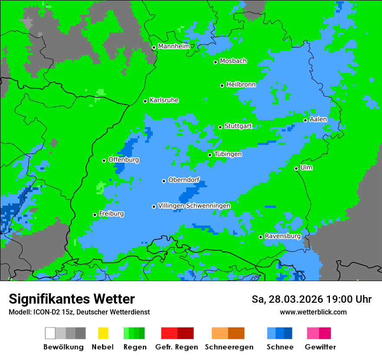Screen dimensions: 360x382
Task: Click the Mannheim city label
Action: (174, 46)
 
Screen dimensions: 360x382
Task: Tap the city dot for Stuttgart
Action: (221, 127)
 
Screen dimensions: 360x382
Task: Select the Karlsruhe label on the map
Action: (164, 101)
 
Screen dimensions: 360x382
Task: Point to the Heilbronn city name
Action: (241, 85)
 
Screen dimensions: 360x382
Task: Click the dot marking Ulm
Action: (296, 168)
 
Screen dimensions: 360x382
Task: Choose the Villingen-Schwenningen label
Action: (194, 206)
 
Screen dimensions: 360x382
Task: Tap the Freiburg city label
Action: (111, 214)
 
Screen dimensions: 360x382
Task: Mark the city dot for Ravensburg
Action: (261, 237)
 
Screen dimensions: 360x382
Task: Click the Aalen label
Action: (318, 119)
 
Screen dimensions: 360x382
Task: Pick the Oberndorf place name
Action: (184, 180)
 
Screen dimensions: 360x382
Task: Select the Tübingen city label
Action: (228, 154)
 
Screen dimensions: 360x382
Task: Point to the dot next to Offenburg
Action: (104, 160)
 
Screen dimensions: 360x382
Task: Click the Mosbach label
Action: (233, 61)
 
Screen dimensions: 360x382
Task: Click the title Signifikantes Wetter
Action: (72, 299)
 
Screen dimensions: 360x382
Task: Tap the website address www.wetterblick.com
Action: (313, 312)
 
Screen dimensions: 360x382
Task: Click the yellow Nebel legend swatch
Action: (103, 333)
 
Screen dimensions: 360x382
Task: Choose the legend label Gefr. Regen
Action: (177, 347)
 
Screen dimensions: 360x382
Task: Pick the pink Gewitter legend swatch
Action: (313, 333)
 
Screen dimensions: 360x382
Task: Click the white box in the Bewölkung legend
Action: (50, 333)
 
